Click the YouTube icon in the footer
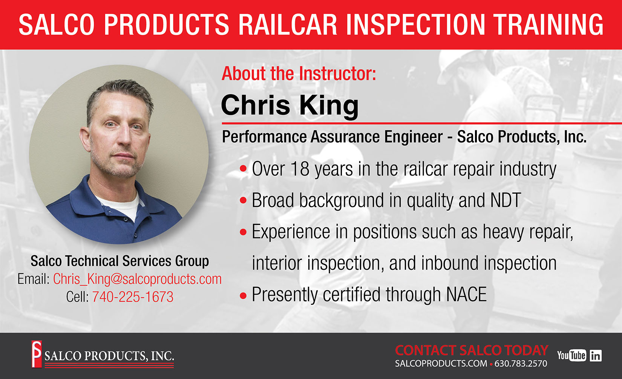[x=571, y=355]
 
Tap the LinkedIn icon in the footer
[x=596, y=355]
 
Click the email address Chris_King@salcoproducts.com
[x=138, y=279]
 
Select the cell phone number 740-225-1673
[x=133, y=296]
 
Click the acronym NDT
[x=506, y=200]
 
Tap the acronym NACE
[x=466, y=294]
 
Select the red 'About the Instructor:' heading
[x=299, y=73]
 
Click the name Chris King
[x=290, y=105]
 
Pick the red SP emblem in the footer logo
[x=36, y=354]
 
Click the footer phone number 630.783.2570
[x=521, y=364]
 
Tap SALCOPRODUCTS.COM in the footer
[x=441, y=364]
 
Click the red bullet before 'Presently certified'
[x=243, y=296]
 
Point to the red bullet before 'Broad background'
[x=243, y=200]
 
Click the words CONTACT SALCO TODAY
[x=472, y=350]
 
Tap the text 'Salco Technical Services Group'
[x=119, y=261]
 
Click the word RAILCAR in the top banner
[x=287, y=24]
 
